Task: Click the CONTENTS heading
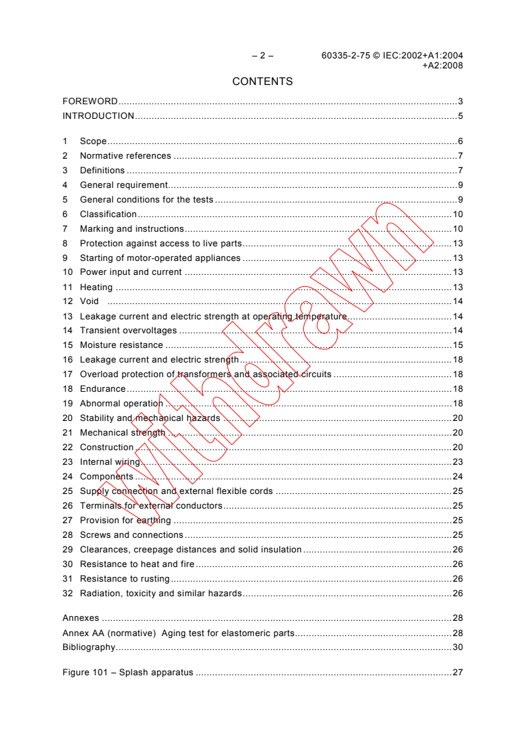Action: click(x=262, y=82)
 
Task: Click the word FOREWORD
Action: click(x=90, y=102)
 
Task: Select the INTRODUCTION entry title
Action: click(x=98, y=116)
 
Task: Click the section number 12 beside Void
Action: click(x=67, y=301)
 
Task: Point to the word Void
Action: click(x=89, y=301)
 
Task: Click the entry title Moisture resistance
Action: click(x=121, y=345)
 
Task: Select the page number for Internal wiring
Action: click(x=457, y=462)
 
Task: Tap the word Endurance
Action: click(x=103, y=389)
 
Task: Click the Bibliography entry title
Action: click(x=89, y=647)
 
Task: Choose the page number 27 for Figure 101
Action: click(x=457, y=673)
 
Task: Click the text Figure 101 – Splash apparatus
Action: click(x=127, y=673)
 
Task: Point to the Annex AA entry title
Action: click(x=178, y=633)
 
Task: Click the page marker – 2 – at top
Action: click(x=262, y=56)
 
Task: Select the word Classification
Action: click(x=108, y=214)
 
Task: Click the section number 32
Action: click(x=67, y=594)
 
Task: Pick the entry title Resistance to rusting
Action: click(x=125, y=579)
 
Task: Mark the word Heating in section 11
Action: click(x=96, y=288)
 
